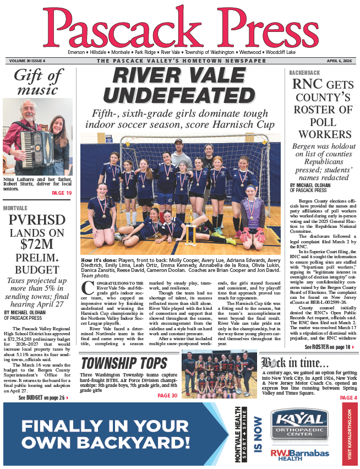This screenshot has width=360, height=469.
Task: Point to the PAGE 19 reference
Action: click(61, 193)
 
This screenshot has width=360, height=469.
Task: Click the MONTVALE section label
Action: click(15, 208)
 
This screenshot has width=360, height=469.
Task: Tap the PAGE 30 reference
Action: click(167, 396)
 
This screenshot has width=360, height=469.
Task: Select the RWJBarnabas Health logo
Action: click(299, 454)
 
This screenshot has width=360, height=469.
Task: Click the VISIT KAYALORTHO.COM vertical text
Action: click(348, 434)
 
